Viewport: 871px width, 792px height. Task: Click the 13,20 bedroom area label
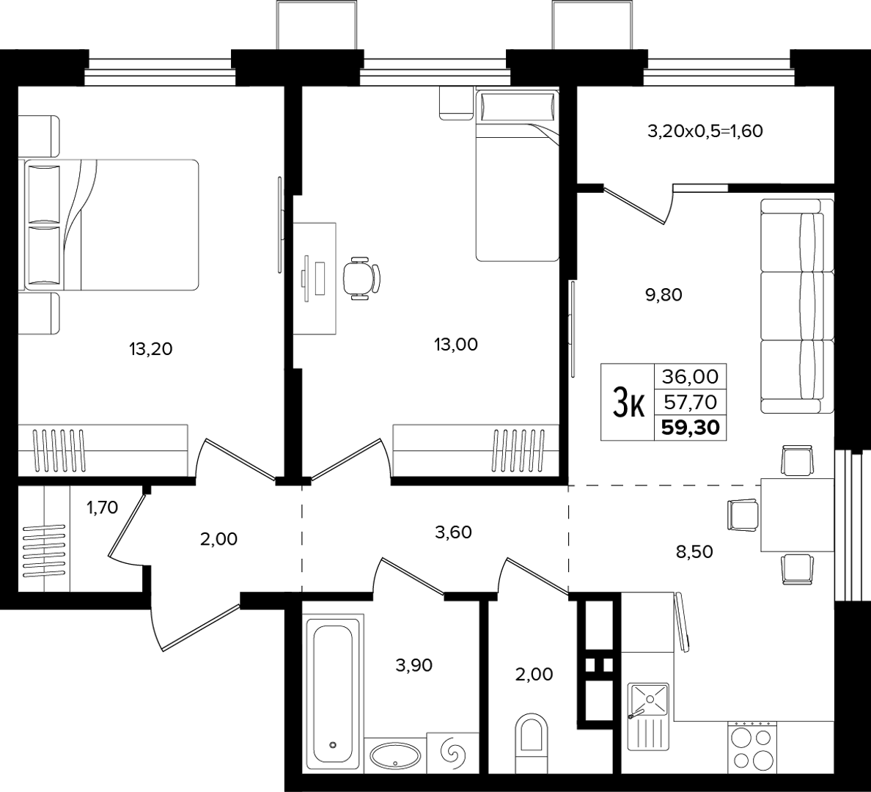tap(150, 349)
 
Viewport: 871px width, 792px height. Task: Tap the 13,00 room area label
tap(455, 345)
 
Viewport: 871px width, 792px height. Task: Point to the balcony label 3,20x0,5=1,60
tap(705, 131)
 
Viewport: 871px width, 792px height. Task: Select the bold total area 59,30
tap(691, 427)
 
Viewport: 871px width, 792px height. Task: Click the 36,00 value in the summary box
tap(691, 377)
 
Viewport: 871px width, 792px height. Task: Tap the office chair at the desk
tap(361, 278)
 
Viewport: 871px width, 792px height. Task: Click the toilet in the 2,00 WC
tap(531, 744)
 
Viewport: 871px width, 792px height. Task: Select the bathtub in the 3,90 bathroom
tap(333, 694)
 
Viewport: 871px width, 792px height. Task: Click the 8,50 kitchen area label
tap(695, 551)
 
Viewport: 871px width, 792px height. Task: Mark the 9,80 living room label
tap(664, 295)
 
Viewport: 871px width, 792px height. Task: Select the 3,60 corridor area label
tap(453, 532)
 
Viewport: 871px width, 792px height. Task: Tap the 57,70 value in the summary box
tap(691, 401)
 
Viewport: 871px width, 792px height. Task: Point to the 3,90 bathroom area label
tap(414, 664)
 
